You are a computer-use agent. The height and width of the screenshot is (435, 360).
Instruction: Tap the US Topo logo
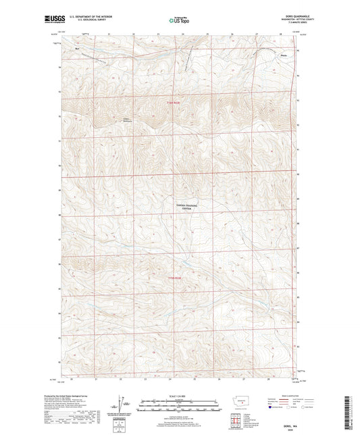(178, 20)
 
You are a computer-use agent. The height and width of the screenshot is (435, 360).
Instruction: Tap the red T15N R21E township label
(174, 277)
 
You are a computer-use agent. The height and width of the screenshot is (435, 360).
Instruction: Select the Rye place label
(78, 48)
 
